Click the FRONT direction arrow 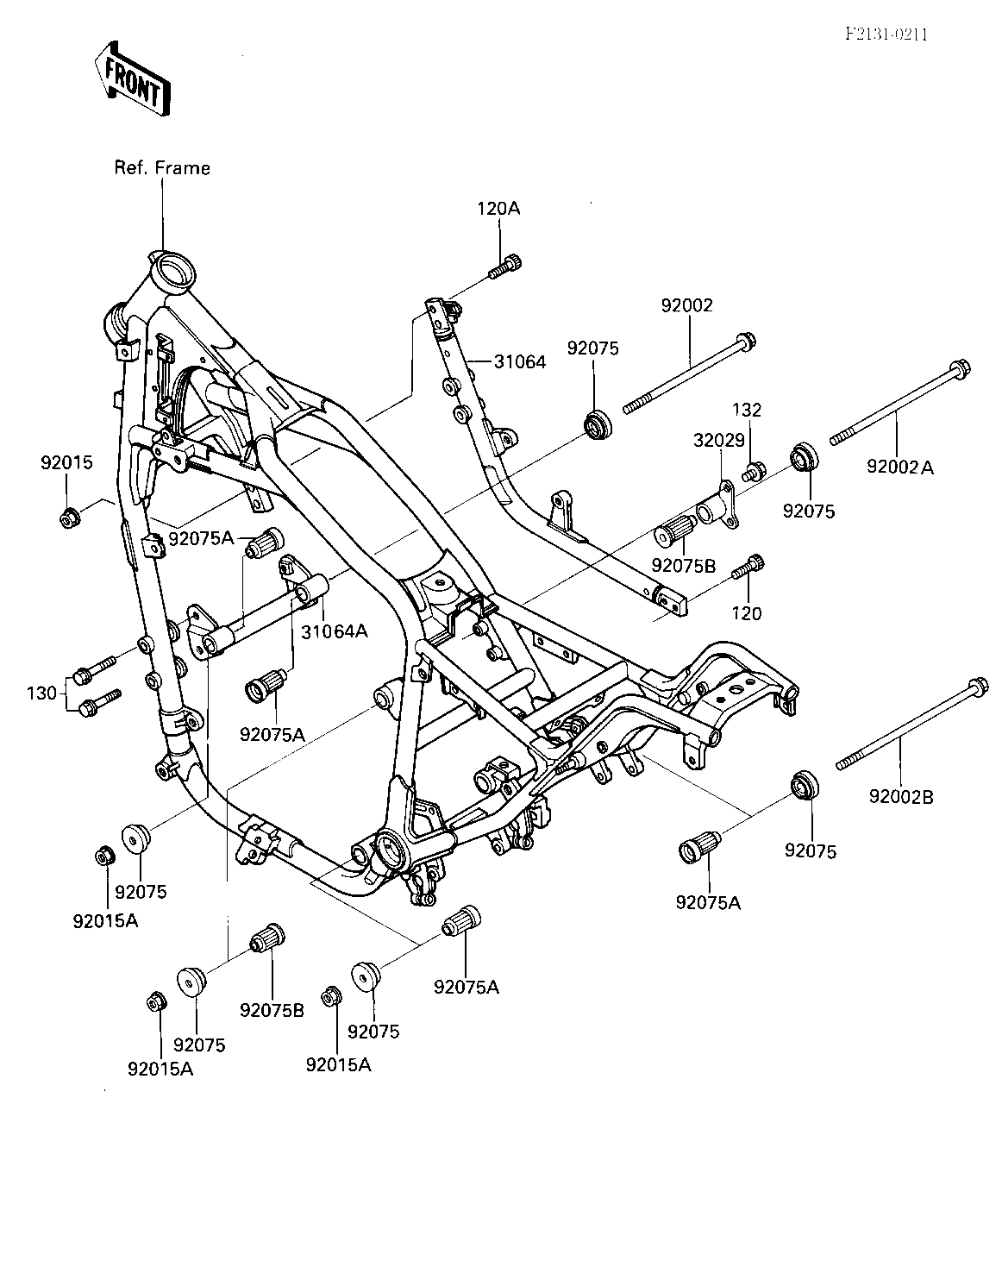click(133, 79)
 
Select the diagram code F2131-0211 click(886, 35)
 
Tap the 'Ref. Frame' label click(162, 168)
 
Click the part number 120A click(498, 209)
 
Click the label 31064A click(335, 631)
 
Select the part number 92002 click(687, 305)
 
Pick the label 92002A click(900, 467)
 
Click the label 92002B click(901, 797)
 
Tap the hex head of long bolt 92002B click(978, 687)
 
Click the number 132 click(747, 410)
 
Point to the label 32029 click(719, 440)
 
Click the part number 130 click(41, 693)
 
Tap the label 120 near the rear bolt click(747, 614)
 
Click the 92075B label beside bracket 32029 click(684, 566)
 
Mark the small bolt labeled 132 click(754, 472)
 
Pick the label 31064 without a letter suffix click(520, 361)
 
